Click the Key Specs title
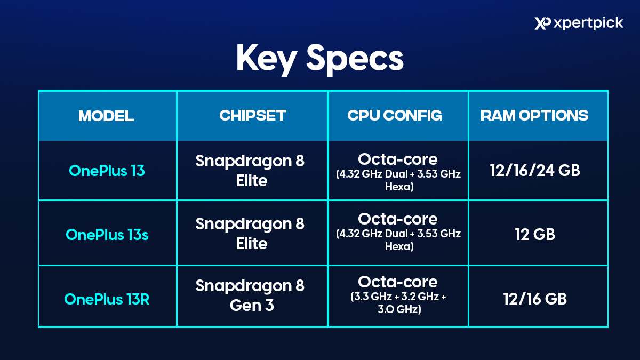(319, 59)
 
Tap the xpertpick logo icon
(542, 23)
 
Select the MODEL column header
(106, 116)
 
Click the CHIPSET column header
(253, 115)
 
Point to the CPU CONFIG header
(395, 115)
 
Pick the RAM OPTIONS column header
(534, 115)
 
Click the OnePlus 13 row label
(107, 171)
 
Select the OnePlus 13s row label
(107, 235)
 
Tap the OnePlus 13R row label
(107, 299)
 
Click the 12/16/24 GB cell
(535, 170)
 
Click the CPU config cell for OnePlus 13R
(398, 295)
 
